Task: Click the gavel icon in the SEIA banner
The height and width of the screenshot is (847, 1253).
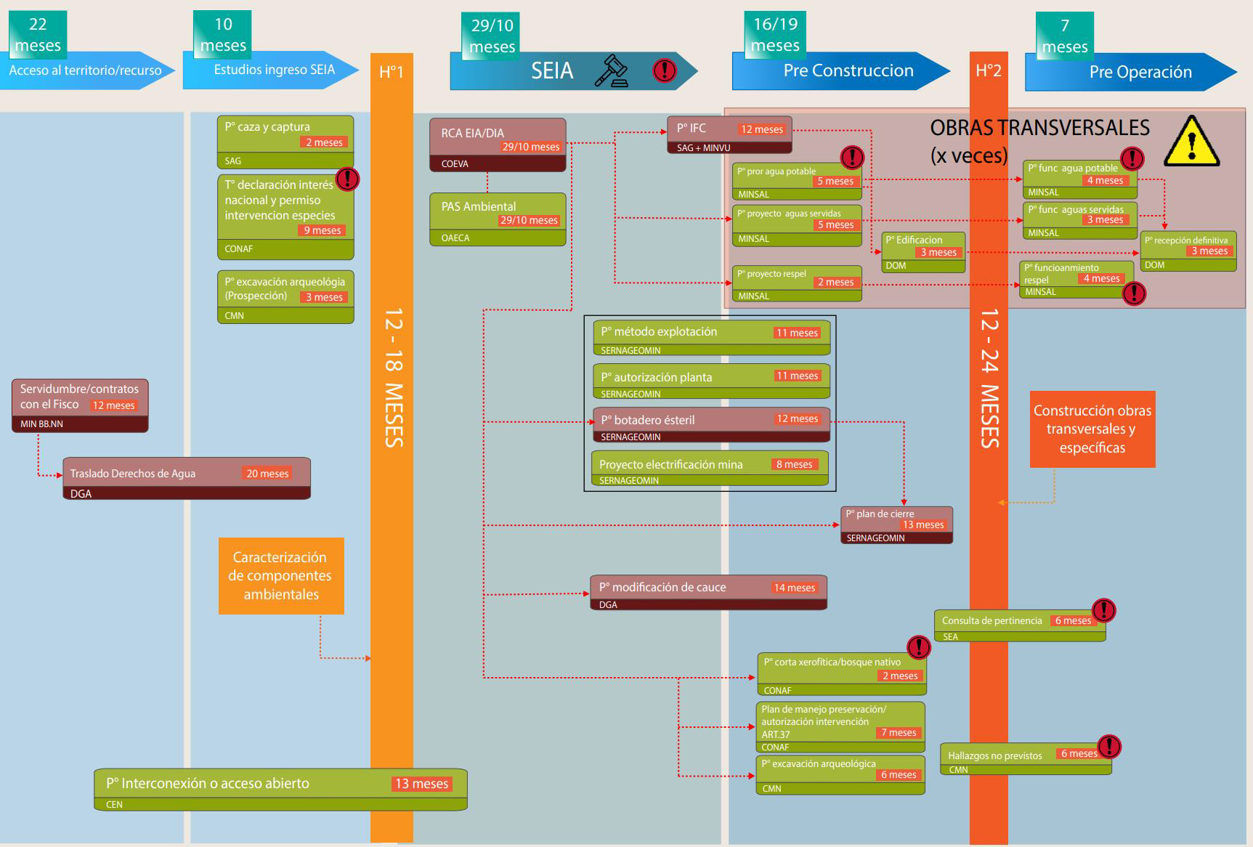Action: [x=612, y=70]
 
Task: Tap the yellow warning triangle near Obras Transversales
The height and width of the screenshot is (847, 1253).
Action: [x=1191, y=142]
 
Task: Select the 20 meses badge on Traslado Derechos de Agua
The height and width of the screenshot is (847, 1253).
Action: [x=267, y=474]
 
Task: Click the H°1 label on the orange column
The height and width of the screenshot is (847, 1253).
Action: [x=392, y=72]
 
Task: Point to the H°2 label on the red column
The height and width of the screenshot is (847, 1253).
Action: [x=989, y=70]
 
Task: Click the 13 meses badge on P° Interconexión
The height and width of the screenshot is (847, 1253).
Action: [x=421, y=784]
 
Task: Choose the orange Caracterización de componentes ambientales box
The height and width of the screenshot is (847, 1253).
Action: [x=281, y=576]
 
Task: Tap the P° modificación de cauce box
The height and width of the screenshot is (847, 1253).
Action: [x=708, y=593]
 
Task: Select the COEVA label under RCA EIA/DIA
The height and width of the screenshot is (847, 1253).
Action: [x=455, y=164]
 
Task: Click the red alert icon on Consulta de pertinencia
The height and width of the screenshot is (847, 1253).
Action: [x=1103, y=610]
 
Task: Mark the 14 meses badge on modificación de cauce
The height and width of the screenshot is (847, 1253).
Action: [x=795, y=588]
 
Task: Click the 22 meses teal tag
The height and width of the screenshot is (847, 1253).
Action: [x=38, y=35]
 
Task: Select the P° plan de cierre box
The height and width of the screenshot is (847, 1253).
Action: [x=896, y=524]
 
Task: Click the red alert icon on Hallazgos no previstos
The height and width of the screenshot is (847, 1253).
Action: [x=1108, y=746]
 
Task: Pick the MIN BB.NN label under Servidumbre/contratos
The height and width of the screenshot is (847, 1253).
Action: [x=41, y=424]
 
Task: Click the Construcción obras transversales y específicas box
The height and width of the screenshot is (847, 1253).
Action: [x=1092, y=429]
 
